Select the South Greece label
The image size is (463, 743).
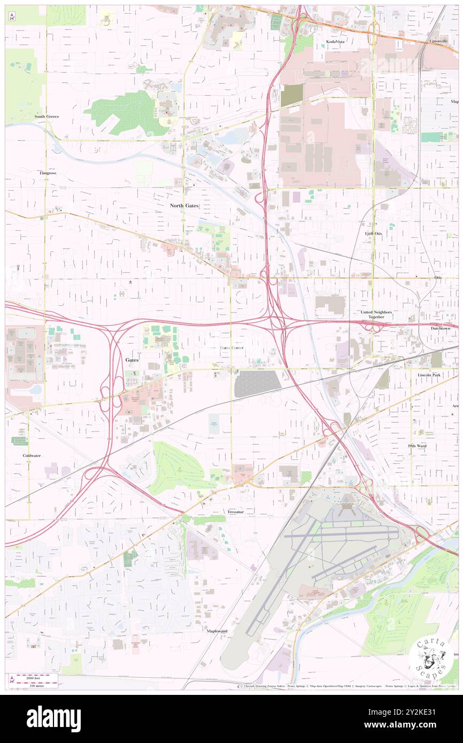(x=47, y=116)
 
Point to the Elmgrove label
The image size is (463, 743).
(x=48, y=173)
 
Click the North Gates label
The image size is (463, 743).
(x=184, y=205)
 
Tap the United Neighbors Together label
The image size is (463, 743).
(x=376, y=314)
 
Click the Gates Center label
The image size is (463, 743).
(x=231, y=347)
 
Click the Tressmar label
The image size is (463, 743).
(x=235, y=512)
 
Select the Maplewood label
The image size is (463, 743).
(x=217, y=631)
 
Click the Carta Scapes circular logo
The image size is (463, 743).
(x=430, y=657)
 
